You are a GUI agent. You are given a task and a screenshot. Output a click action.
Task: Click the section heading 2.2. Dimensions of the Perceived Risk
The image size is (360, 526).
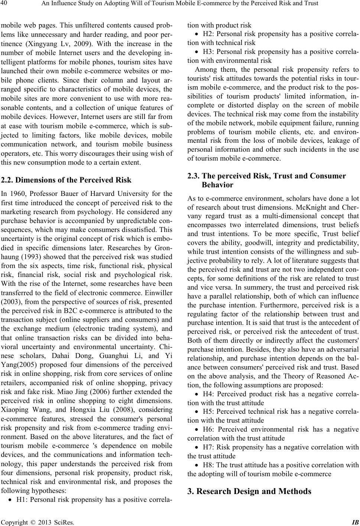coord(66,180)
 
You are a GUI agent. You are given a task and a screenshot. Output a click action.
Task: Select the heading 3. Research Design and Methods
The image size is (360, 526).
coord(249,491)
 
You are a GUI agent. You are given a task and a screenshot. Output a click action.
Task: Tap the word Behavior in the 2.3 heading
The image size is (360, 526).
coord(217,185)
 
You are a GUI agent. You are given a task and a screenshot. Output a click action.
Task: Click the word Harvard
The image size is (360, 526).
coord(101,193)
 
